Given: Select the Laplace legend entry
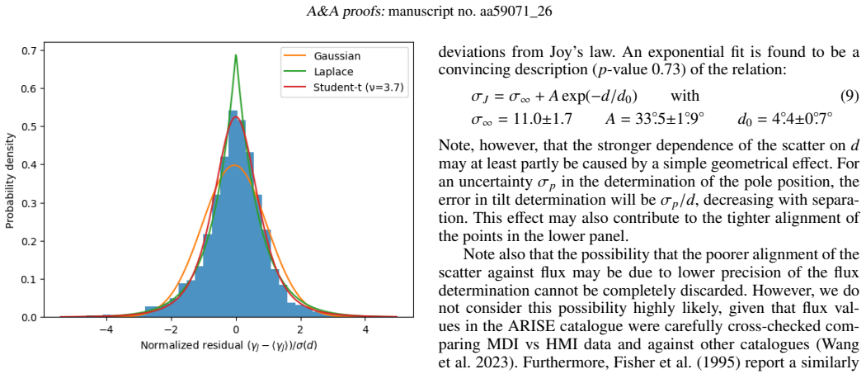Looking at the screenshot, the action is point(327,71).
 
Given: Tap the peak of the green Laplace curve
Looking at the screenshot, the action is point(236,54).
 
